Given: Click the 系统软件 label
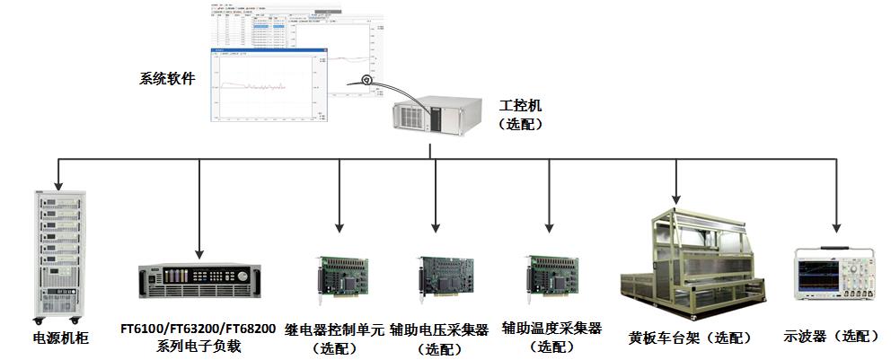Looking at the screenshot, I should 167,79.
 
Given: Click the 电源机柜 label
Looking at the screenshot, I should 56,339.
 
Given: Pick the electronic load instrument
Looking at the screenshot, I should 198,282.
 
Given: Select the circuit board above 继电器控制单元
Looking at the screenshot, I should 340,276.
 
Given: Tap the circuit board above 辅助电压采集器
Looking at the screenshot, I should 443,276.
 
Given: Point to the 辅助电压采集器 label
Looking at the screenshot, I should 439,329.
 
